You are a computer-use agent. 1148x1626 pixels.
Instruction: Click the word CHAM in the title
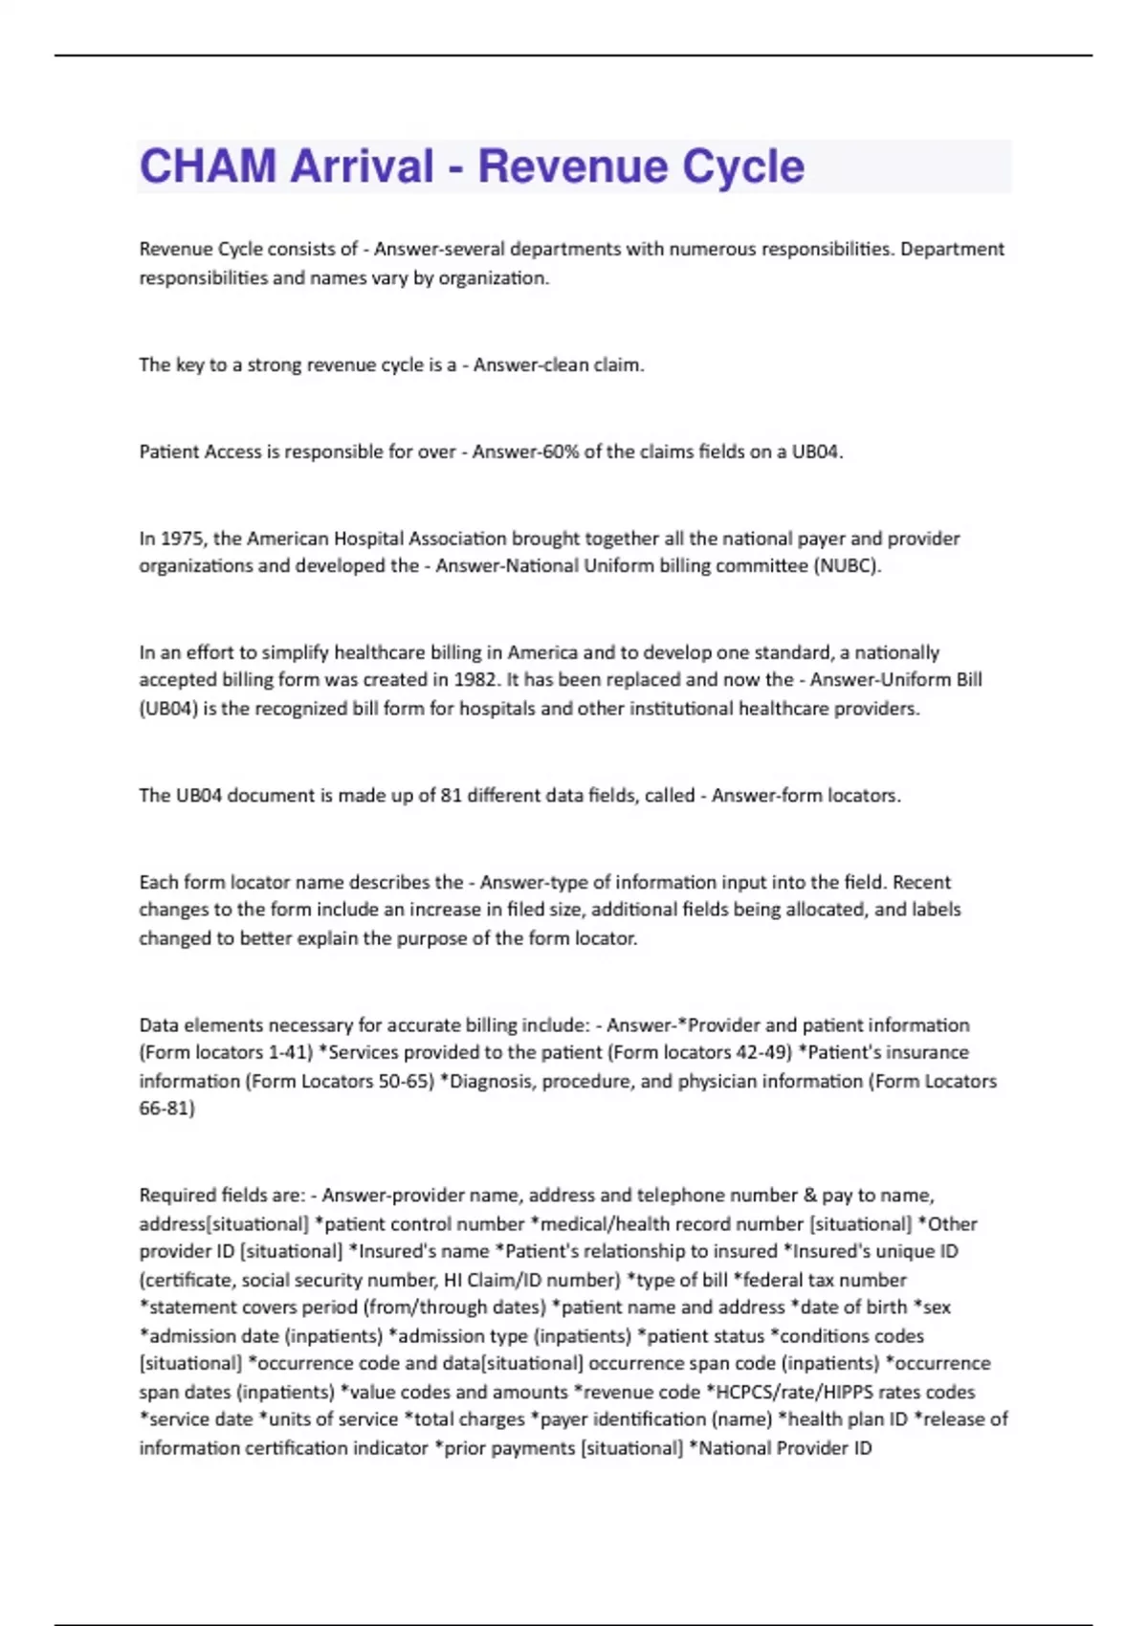(207, 166)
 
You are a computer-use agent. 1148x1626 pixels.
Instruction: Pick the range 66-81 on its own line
(166, 1109)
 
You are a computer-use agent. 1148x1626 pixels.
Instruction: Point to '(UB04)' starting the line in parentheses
(167, 709)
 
